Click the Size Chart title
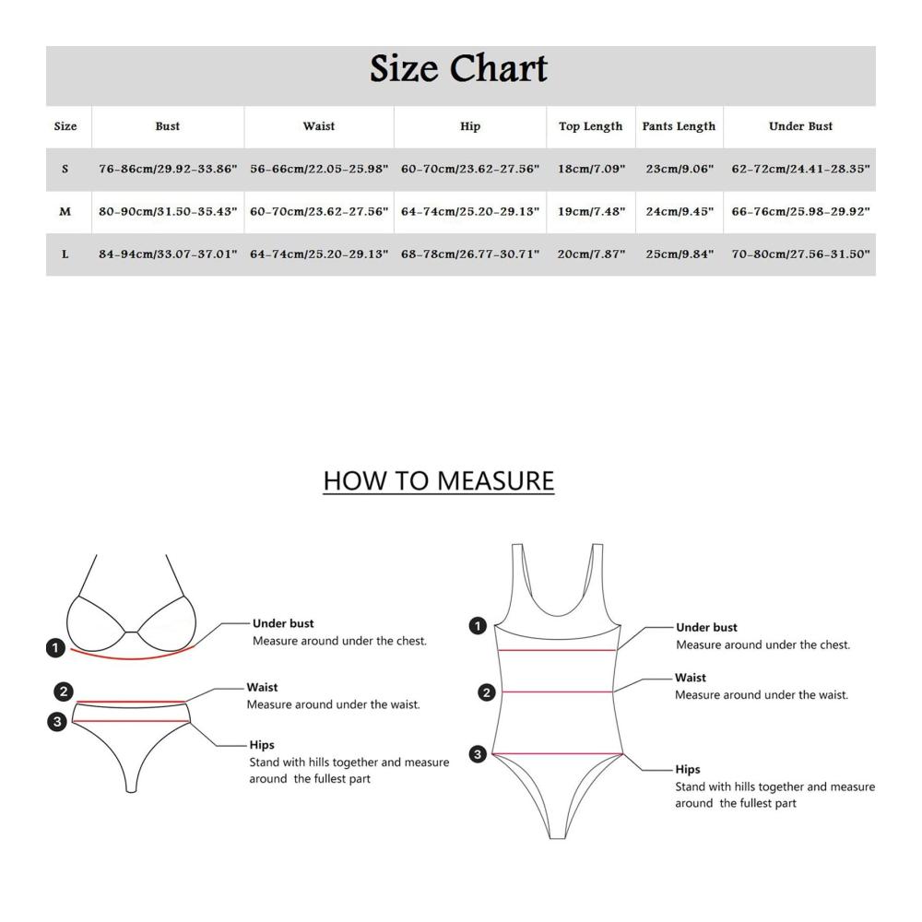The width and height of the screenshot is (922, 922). click(x=458, y=69)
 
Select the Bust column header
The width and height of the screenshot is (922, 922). click(x=168, y=125)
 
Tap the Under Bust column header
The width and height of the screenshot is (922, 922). click(x=800, y=125)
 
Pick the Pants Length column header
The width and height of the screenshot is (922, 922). click(x=679, y=126)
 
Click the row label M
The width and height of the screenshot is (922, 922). click(x=65, y=212)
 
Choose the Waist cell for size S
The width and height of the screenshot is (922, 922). click(x=319, y=169)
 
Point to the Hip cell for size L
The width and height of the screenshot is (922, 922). click(x=470, y=254)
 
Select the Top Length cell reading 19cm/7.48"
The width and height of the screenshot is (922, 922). click(x=591, y=212)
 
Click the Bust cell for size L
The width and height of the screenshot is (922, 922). click(x=168, y=254)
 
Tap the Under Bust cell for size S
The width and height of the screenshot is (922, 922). click(x=800, y=169)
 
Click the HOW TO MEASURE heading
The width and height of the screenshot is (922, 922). click(x=439, y=481)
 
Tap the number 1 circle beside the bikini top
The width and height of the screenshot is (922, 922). click(x=55, y=648)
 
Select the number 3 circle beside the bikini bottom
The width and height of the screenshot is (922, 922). click(x=57, y=722)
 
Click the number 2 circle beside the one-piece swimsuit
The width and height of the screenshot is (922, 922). click(x=486, y=692)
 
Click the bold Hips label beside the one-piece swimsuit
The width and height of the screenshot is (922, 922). click(x=688, y=769)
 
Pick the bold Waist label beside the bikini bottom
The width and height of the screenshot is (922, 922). click(x=262, y=687)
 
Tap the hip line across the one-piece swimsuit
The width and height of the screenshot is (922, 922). click(x=558, y=754)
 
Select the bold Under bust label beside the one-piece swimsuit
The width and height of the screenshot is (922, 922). click(x=706, y=627)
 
